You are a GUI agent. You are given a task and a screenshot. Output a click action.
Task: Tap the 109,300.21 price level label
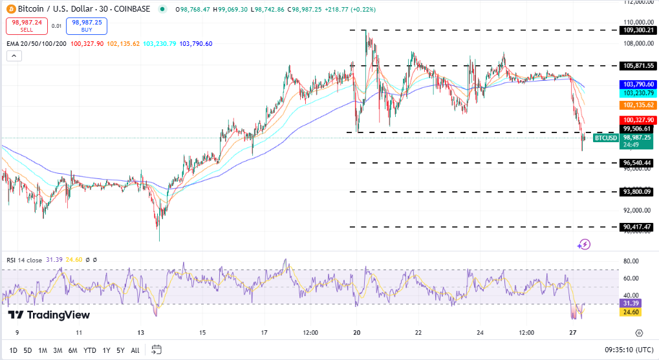click(638, 30)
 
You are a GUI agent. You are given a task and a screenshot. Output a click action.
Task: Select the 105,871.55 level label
click(638, 66)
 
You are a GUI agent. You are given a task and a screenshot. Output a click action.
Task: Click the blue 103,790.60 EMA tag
click(638, 85)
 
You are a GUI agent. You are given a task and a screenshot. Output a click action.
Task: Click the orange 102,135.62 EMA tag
click(638, 105)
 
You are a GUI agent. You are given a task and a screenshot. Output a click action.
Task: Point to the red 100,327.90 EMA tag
click(638, 120)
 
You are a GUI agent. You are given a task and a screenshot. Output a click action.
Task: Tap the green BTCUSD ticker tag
click(605, 138)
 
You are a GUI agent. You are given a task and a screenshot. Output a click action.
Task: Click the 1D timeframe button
click(13, 350)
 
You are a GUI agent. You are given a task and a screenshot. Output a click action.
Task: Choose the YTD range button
click(90, 350)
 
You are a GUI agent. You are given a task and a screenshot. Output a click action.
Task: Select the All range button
click(135, 350)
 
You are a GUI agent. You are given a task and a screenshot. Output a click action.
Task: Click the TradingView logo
click(49, 315)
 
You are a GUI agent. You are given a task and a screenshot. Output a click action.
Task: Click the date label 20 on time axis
click(356, 333)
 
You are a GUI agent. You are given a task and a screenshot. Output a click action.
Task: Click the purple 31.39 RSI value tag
click(631, 303)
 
